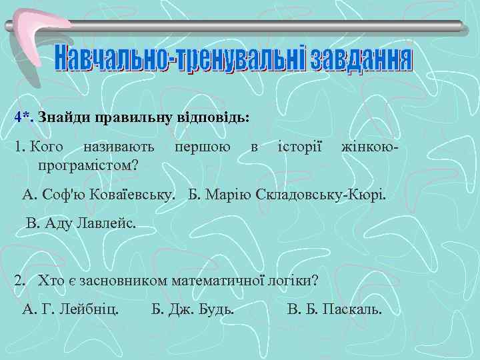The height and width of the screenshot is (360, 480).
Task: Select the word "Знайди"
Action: point(64,117)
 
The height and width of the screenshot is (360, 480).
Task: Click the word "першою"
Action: point(203,146)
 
